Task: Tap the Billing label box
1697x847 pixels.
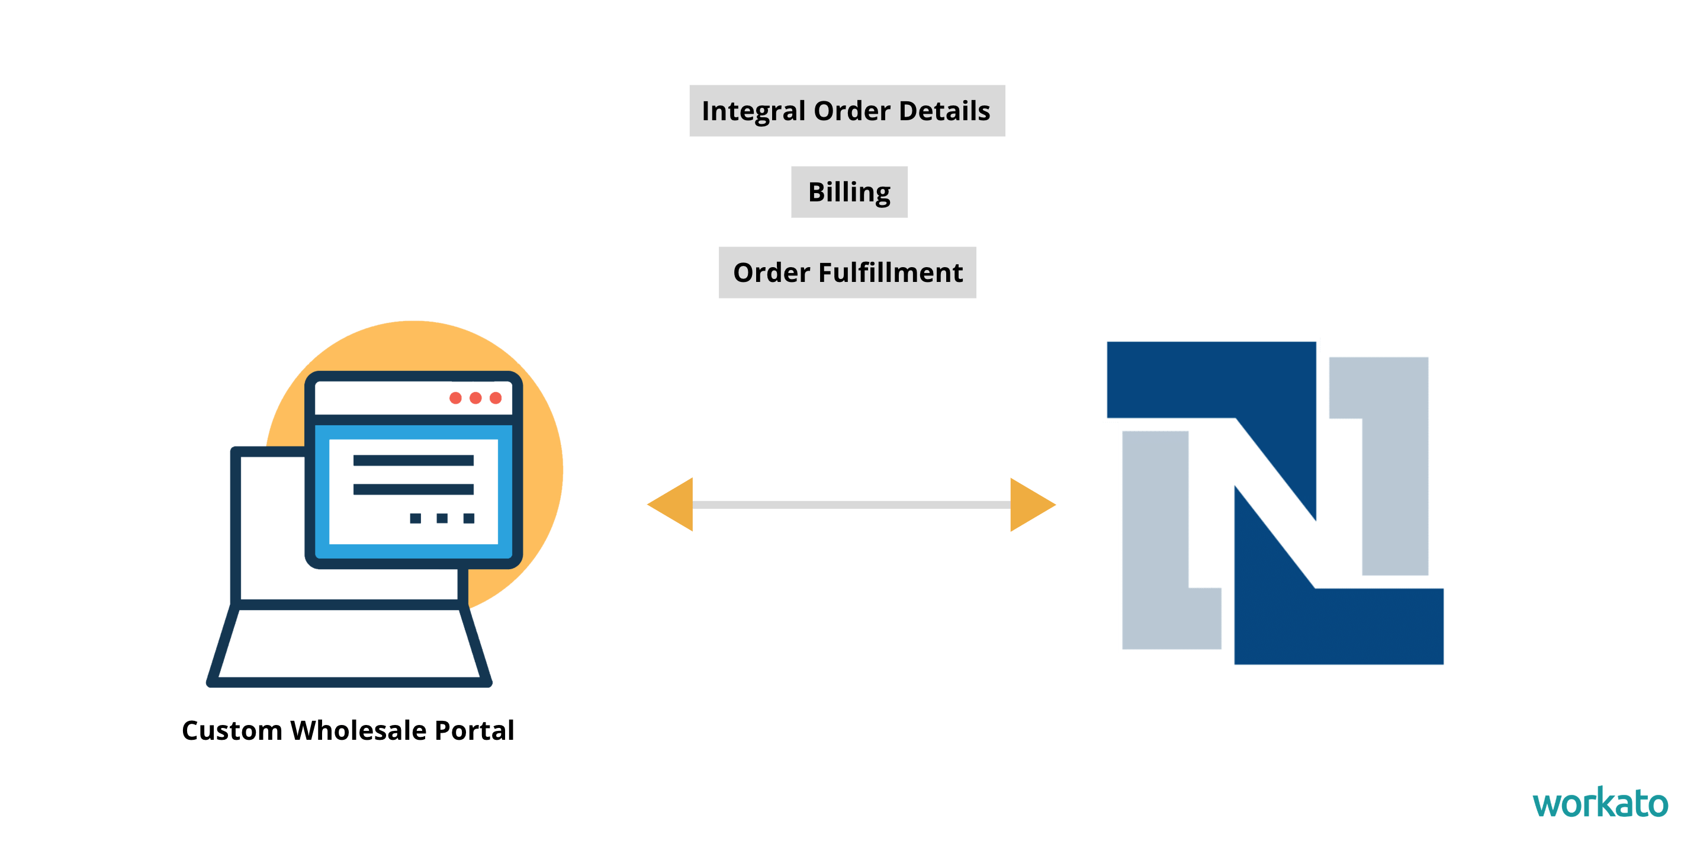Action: (x=849, y=192)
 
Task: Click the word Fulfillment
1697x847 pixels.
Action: (x=891, y=272)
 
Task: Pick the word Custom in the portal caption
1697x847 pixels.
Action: (x=232, y=730)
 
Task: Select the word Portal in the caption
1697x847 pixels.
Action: (x=474, y=730)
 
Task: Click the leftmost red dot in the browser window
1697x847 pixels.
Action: (x=455, y=398)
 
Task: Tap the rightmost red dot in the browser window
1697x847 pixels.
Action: (x=496, y=398)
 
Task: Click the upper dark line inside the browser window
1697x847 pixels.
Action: (x=413, y=460)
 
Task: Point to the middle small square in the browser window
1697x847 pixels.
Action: (x=442, y=518)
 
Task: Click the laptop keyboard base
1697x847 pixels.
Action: (x=349, y=646)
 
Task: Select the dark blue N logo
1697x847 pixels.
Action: (x=1275, y=501)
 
